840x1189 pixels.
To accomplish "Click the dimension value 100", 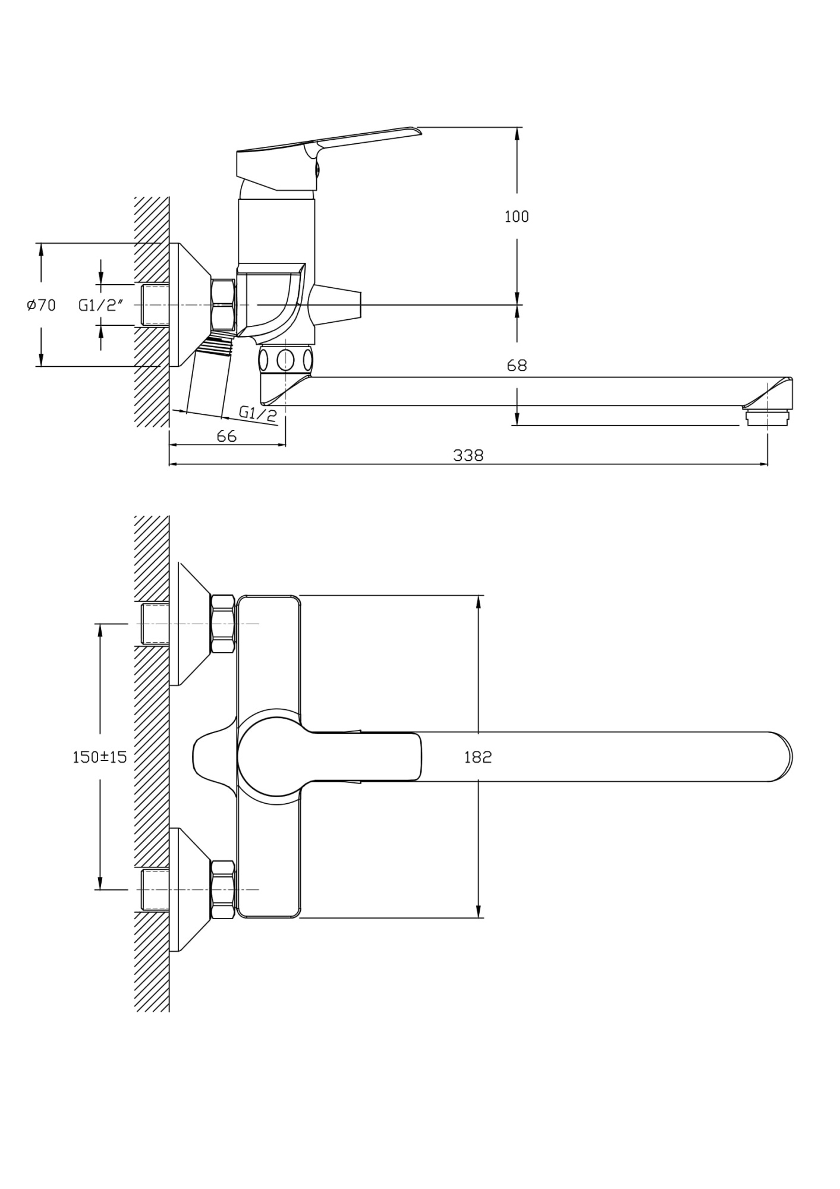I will pos(516,216).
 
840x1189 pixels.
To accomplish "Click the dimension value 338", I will pos(468,455).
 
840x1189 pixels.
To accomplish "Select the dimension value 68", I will pos(516,365).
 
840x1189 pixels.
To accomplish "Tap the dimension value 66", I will pos(226,436).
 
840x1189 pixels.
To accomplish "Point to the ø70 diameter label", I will pos(41,305).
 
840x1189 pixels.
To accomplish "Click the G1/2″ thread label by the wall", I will pos(100,305).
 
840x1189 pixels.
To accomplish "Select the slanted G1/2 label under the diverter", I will pos(258,413).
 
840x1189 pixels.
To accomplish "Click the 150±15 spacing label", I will pos(99,757).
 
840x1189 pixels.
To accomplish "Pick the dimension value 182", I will pos(478,757).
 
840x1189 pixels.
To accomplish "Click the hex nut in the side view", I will pos(223,305).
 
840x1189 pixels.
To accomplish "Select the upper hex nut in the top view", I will pos(223,624).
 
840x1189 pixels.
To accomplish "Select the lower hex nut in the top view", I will pos(223,889).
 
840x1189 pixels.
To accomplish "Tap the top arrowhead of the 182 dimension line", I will pos(478,600).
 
